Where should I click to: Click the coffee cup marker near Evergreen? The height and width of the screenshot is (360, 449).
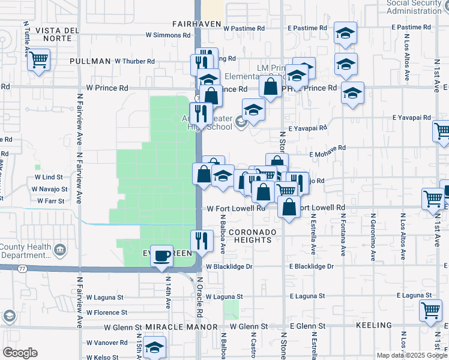(161, 256)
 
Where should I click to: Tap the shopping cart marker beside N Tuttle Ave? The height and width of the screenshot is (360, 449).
(38, 60)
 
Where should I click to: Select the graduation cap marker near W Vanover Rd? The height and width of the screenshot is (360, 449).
(155, 347)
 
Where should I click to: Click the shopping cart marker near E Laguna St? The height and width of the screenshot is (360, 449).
(431, 310)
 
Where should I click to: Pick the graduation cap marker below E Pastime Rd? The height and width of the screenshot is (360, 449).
(345, 34)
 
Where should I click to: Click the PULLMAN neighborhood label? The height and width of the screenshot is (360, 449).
(90, 61)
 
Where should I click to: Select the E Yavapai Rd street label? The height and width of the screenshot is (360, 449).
(307, 128)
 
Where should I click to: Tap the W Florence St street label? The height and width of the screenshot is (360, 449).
(107, 313)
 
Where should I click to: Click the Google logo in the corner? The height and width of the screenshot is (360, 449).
(20, 353)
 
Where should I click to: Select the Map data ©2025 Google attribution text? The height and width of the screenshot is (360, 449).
(411, 355)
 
